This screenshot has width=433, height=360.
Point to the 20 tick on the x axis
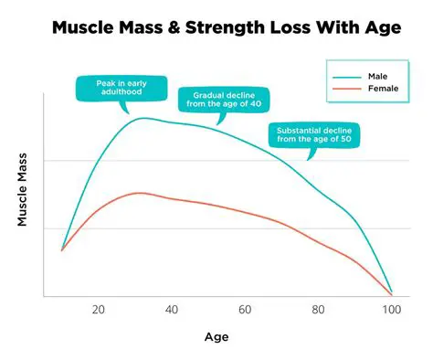tap(98, 310)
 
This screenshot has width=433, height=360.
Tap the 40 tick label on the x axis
tap(172, 310)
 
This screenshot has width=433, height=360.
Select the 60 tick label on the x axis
tap(245, 310)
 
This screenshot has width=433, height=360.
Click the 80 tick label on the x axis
tap(319, 310)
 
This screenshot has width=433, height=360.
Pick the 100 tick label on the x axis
tap(391, 310)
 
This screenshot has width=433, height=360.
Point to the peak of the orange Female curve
tap(138, 193)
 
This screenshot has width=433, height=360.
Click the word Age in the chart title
tap(383, 27)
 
